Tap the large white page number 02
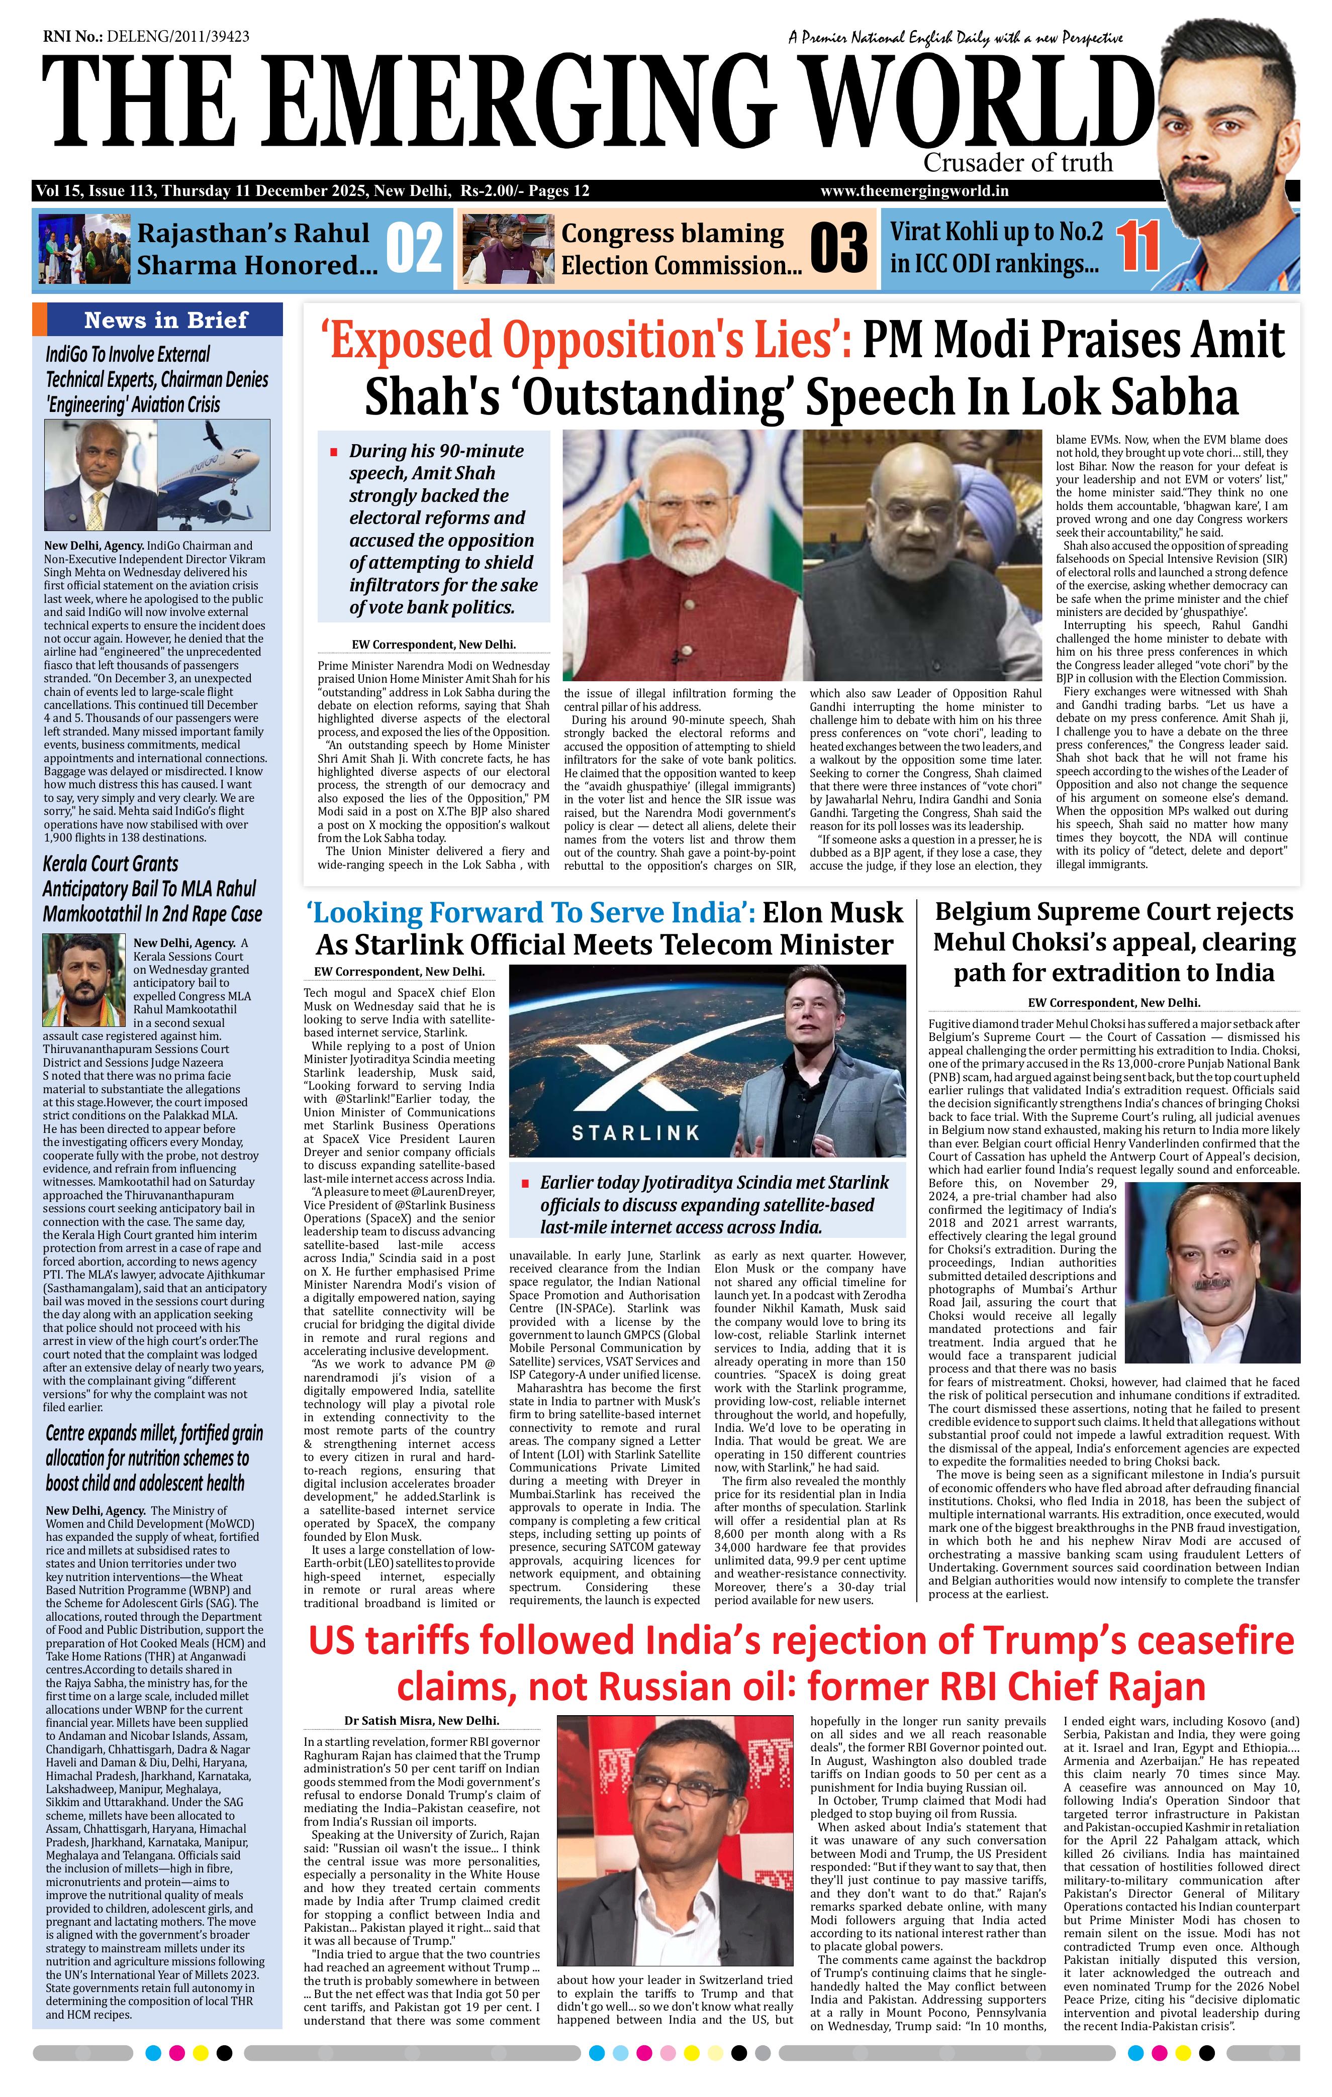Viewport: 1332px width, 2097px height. (x=414, y=248)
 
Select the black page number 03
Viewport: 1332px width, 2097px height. (x=838, y=248)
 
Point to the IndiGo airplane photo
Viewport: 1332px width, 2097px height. (x=214, y=475)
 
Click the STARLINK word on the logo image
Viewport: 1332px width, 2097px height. (x=635, y=1132)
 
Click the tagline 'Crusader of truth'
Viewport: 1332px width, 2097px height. (x=1017, y=163)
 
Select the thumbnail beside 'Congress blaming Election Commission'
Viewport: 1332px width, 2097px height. (x=508, y=248)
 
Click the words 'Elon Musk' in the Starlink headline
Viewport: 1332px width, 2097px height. (x=832, y=912)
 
